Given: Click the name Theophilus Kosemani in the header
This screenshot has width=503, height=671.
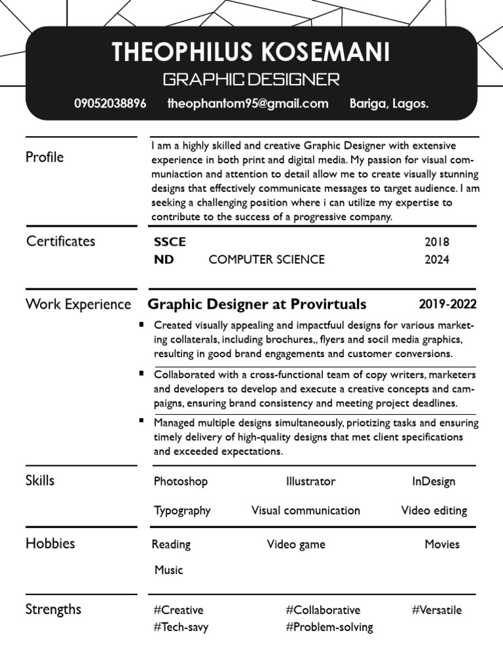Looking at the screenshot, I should click(x=251, y=52).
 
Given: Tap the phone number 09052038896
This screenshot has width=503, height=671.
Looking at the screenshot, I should click(x=110, y=104).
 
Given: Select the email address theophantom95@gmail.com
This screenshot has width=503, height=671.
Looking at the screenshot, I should click(x=248, y=104).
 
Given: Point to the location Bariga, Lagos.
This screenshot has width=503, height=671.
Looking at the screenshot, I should click(x=389, y=104).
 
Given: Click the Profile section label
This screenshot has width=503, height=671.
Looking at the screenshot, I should click(x=45, y=157).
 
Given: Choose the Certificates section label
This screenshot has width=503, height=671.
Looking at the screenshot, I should click(x=60, y=241).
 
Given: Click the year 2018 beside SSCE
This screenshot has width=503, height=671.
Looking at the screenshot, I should click(x=437, y=242).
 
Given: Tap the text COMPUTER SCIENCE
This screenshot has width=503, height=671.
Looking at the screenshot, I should click(x=267, y=259).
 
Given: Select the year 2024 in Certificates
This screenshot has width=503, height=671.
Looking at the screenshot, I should click(x=437, y=259).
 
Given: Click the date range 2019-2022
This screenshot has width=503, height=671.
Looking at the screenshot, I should click(x=447, y=304).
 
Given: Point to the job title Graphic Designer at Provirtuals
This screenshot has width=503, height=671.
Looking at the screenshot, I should click(x=257, y=304).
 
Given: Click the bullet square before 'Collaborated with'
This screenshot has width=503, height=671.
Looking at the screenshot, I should click(x=141, y=373).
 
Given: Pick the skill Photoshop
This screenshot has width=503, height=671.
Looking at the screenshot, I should click(x=181, y=482).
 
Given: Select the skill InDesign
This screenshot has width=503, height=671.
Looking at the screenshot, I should click(x=434, y=482).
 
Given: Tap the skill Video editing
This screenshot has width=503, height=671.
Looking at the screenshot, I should click(x=434, y=510).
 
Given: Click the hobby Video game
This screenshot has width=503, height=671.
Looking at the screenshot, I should click(x=296, y=545).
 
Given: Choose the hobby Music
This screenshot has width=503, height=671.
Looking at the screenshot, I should click(x=168, y=570).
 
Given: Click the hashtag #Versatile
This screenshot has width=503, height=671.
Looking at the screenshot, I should click(x=437, y=610).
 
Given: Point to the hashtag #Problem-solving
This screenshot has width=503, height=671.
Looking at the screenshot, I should click(x=329, y=627).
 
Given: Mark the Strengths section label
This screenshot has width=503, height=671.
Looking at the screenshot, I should click(x=53, y=609).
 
